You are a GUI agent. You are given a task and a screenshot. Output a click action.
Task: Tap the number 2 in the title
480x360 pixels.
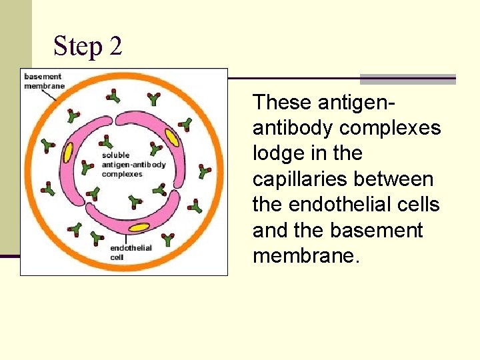coord(115,46)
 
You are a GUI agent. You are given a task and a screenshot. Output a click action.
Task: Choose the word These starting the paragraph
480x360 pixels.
coord(283,102)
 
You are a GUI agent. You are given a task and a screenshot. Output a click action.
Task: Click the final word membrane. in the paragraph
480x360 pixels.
coord(305,256)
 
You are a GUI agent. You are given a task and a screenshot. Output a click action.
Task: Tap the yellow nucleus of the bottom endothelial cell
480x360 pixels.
coord(139,227)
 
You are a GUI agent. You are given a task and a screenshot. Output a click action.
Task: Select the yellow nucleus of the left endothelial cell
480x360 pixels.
coord(68,153)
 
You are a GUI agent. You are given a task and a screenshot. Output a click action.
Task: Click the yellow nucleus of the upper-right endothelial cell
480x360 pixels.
coord(172,137)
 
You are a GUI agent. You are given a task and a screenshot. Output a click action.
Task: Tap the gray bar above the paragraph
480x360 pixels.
coord(408,79)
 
